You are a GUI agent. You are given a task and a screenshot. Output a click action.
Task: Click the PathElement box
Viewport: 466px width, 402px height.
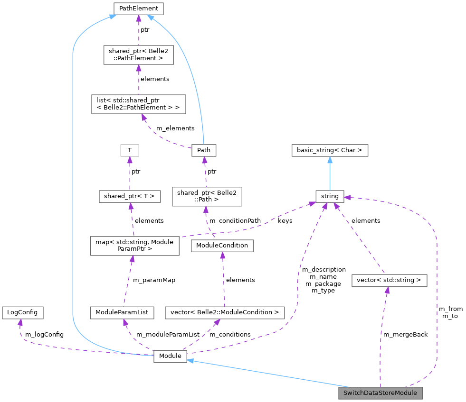(138, 9)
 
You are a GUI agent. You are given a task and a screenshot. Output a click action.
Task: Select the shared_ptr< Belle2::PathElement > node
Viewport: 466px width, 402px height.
(138, 55)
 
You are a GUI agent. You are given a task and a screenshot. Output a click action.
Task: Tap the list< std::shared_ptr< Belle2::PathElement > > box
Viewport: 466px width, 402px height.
(138, 104)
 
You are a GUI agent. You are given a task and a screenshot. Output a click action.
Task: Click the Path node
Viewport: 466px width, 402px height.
(204, 150)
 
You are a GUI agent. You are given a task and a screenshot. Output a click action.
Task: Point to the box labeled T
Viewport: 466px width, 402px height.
(129, 150)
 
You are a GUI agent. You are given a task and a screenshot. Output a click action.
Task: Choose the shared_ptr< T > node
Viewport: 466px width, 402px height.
(129, 196)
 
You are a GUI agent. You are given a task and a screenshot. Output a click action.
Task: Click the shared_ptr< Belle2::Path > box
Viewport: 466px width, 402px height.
(207, 196)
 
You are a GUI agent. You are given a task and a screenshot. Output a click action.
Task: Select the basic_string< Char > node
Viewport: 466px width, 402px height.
(330, 150)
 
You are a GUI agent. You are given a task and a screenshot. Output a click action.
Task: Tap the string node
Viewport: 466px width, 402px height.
(330, 196)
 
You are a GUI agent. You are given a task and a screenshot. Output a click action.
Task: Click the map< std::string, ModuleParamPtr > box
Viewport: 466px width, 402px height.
(135, 246)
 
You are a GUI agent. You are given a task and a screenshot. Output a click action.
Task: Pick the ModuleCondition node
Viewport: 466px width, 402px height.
(222, 246)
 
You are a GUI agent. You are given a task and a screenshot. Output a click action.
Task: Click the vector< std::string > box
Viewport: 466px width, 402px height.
(389, 280)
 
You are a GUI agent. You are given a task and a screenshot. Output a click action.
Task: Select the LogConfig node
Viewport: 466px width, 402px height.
(22, 312)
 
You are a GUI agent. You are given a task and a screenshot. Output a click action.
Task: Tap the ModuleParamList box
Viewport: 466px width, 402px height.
(122, 312)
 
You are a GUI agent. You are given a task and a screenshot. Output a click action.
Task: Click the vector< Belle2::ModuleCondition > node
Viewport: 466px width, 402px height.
(224, 312)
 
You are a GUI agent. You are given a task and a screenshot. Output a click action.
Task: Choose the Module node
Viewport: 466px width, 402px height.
(170, 356)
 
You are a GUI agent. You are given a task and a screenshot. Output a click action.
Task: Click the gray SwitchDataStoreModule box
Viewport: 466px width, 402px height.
(380, 393)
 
